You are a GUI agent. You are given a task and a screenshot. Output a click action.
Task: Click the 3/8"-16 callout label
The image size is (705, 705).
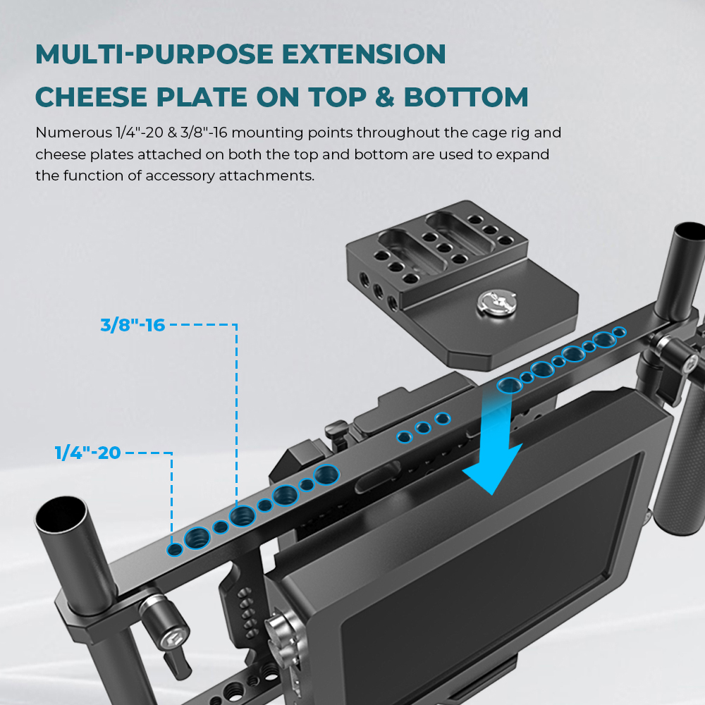133,325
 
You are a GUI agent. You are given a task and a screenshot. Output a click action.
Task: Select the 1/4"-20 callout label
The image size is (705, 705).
87,452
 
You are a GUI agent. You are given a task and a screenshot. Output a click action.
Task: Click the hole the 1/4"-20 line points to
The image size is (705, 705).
174,548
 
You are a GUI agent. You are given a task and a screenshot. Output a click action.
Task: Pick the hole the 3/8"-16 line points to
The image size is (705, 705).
242,516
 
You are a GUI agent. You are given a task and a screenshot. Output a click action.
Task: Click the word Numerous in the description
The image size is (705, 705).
75,133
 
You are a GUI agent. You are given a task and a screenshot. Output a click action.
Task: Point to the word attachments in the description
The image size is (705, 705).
272,176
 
